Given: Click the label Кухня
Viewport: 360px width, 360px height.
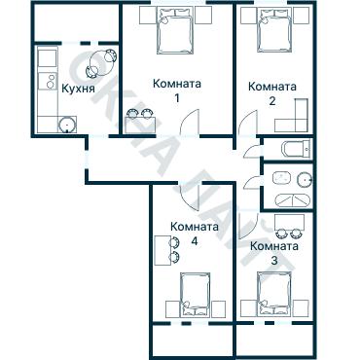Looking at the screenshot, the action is pyautogui.click(x=78, y=89).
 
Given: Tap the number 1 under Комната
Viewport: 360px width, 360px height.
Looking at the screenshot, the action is pyautogui.click(x=177, y=98).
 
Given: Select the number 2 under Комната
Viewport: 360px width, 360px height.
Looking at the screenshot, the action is pyautogui.click(x=272, y=101).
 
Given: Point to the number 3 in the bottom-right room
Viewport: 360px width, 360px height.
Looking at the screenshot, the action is pyautogui.click(x=274, y=261).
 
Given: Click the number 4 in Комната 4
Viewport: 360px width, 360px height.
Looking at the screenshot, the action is pyautogui.click(x=195, y=241).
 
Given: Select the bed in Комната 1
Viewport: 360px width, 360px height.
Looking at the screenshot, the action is pyautogui.click(x=175, y=30).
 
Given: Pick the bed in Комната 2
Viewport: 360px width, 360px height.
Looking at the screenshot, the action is pyautogui.click(x=273, y=30).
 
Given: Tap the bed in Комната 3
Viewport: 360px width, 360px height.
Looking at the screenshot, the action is pyautogui.click(x=274, y=294).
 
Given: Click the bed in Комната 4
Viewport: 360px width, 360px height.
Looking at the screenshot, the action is pyautogui.click(x=196, y=295).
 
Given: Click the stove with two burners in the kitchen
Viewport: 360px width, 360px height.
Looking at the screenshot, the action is pyautogui.click(x=48, y=81).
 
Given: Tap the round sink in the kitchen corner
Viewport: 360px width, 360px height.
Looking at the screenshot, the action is pyautogui.click(x=67, y=125).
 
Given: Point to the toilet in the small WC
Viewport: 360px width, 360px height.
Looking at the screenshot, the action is pyautogui.click(x=297, y=149).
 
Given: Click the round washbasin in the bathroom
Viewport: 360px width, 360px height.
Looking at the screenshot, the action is pyautogui.click(x=305, y=178).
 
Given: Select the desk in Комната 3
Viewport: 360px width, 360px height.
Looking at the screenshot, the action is pyautogui.click(x=289, y=222).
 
